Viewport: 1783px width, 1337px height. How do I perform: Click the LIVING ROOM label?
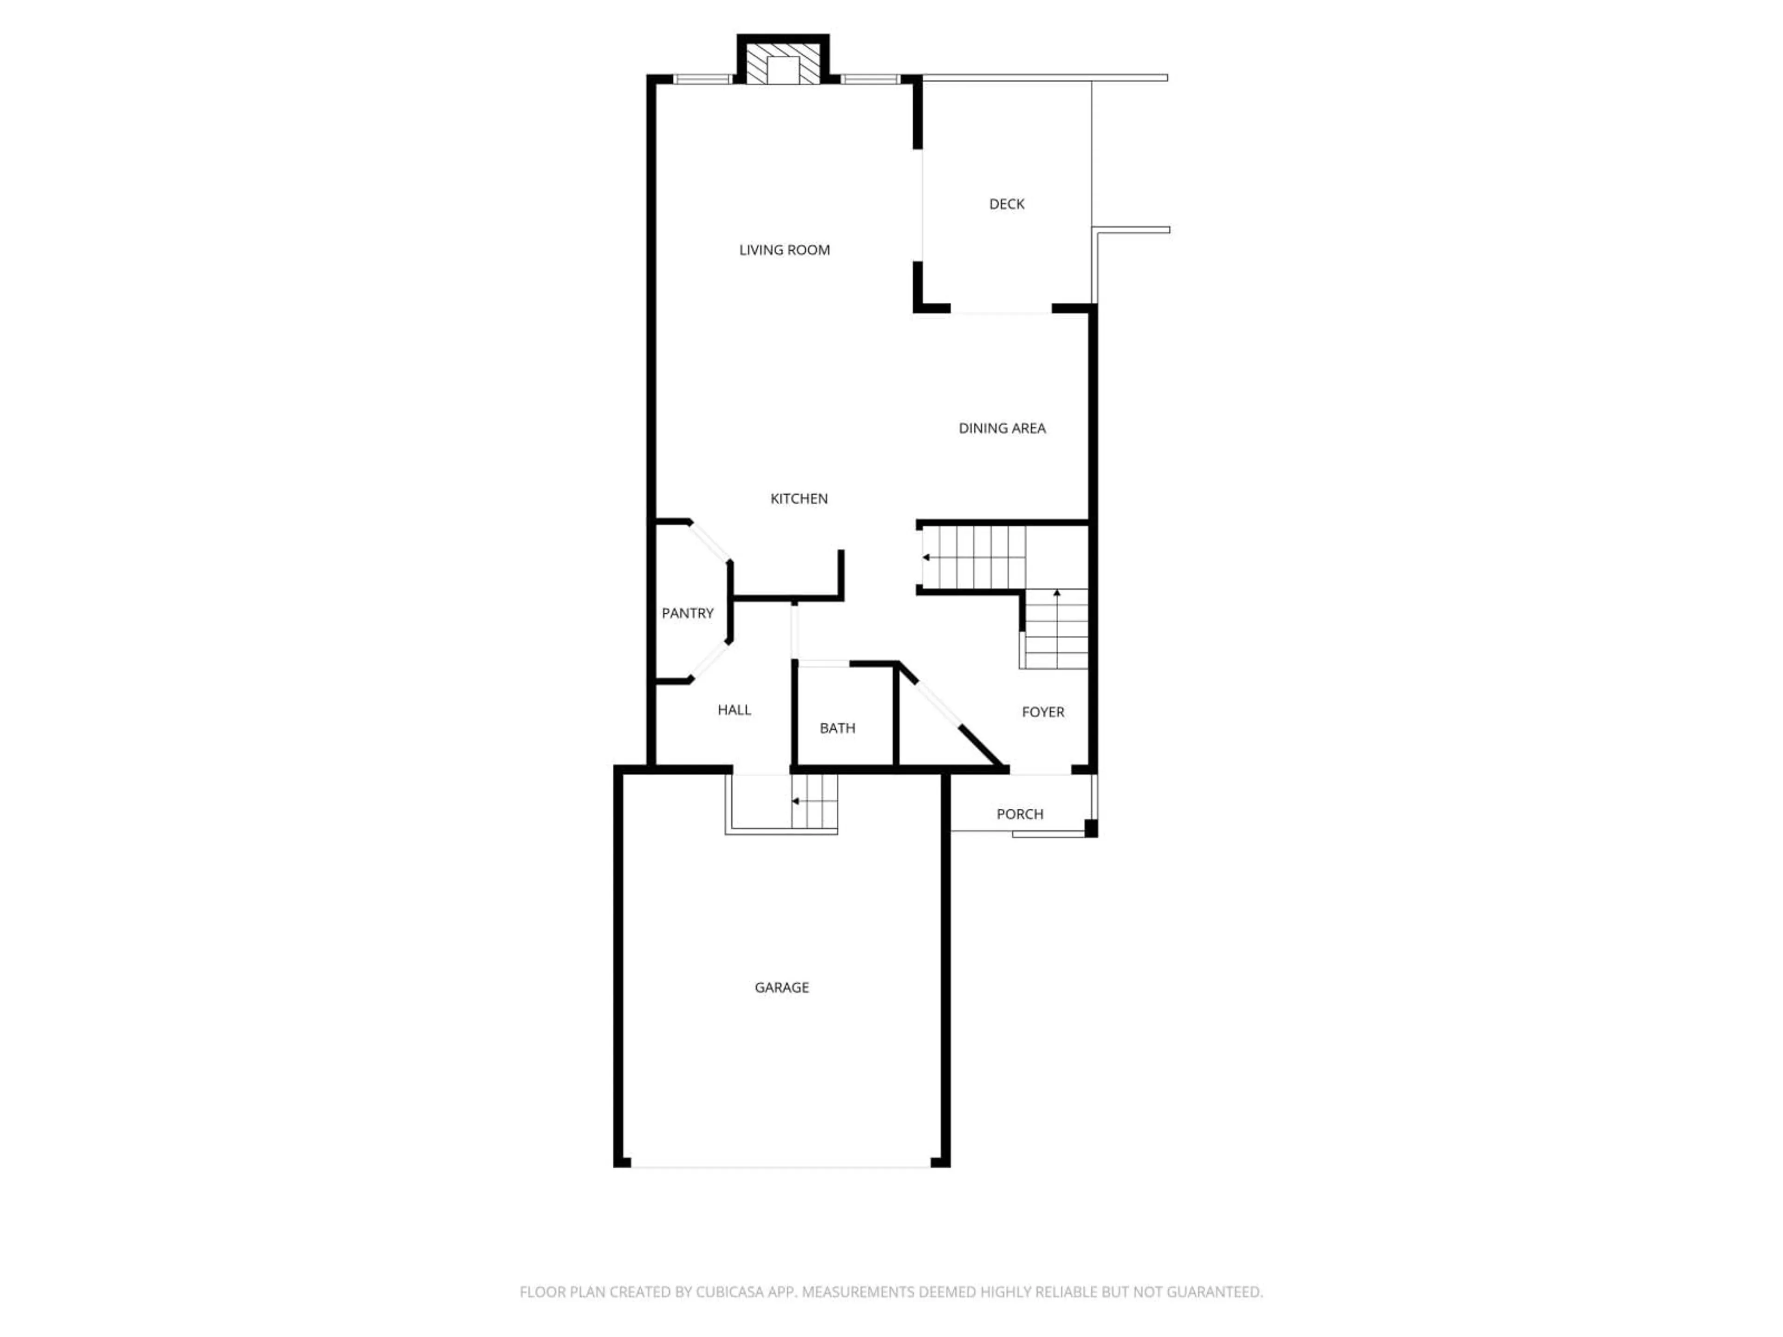pyautogui.click(x=784, y=250)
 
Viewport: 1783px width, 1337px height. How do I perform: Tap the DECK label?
pyautogui.click(x=1007, y=204)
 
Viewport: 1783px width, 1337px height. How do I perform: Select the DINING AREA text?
pyautogui.click(x=1002, y=428)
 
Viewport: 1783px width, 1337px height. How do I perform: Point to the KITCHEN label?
pyautogui.click(x=799, y=499)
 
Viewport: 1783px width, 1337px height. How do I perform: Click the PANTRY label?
pyautogui.click(x=688, y=613)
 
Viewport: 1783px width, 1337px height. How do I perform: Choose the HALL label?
pyautogui.click(x=734, y=710)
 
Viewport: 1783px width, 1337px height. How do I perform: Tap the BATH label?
pyautogui.click(x=838, y=728)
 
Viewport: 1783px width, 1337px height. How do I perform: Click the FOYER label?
pyautogui.click(x=1043, y=712)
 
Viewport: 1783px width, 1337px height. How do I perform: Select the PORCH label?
pyautogui.click(x=1020, y=814)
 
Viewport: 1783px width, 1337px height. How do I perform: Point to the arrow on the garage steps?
pyautogui.click(x=795, y=801)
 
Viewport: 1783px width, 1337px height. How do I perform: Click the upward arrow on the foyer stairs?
pyautogui.click(x=1057, y=594)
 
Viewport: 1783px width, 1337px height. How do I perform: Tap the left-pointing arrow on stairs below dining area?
pyautogui.click(x=926, y=557)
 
